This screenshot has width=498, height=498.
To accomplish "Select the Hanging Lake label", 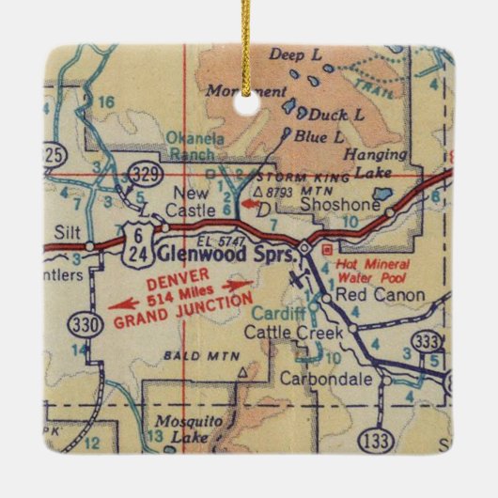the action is coord(375,164).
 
